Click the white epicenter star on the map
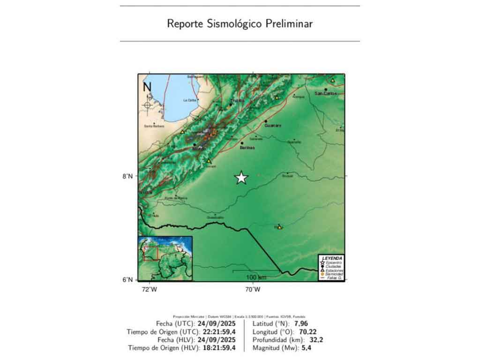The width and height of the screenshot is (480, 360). (x=241, y=178)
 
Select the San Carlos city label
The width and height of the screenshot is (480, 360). (x=326, y=93)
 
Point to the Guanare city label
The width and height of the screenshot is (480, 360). (x=272, y=126)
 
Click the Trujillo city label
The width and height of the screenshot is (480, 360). (x=238, y=100)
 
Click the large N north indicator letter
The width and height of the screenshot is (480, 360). (x=147, y=87)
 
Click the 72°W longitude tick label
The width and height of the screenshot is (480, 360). (x=150, y=289)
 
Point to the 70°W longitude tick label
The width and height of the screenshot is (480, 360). (x=253, y=289)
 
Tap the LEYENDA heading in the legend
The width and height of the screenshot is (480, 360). (x=331, y=258)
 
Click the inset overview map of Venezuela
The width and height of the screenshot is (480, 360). (x=165, y=258)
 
